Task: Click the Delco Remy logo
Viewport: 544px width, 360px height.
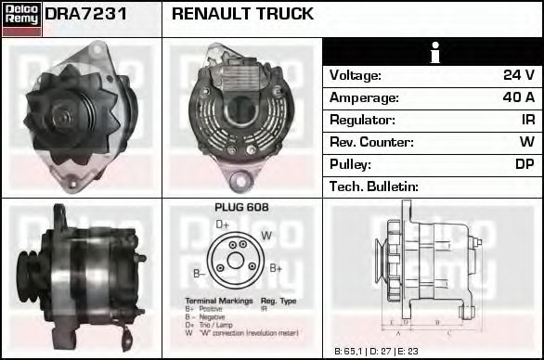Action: pos(21,19)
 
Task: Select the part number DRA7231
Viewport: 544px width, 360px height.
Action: pos(85,14)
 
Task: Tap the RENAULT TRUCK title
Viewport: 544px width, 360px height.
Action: pos(242,14)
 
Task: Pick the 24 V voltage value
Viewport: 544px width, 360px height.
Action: pos(518,75)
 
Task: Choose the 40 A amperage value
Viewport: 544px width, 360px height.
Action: pos(517,97)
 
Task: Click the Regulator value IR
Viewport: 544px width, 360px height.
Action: pos(525,120)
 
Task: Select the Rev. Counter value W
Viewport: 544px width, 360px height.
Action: pos(526,142)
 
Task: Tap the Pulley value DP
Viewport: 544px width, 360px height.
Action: pos(525,164)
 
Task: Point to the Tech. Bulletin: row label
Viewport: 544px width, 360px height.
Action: pos(374,186)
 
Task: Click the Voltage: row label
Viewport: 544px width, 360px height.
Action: pos(355,75)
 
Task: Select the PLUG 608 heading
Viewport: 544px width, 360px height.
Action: pos(241,208)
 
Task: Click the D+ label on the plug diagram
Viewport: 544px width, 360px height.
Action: pos(223,225)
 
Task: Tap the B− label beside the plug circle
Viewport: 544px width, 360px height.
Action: pos(199,273)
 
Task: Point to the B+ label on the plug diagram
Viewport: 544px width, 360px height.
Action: pos(276,268)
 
